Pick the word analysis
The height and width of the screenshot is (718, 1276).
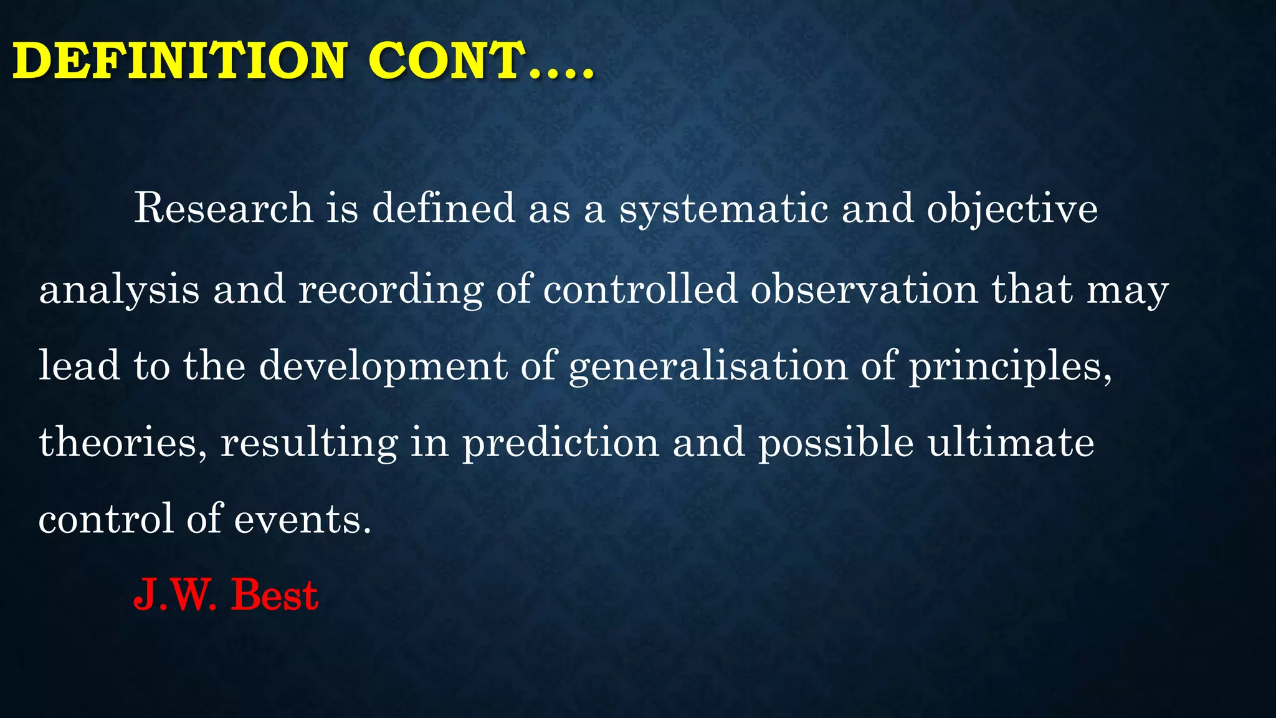click(x=119, y=290)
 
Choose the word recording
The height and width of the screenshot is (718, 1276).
click(x=391, y=290)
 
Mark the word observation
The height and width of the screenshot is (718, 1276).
click(x=864, y=289)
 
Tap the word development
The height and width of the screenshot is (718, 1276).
click(x=383, y=366)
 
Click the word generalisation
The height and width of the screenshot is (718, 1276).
click(x=708, y=366)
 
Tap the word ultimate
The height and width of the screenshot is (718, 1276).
click(x=1011, y=443)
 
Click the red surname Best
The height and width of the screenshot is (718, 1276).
click(x=275, y=595)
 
